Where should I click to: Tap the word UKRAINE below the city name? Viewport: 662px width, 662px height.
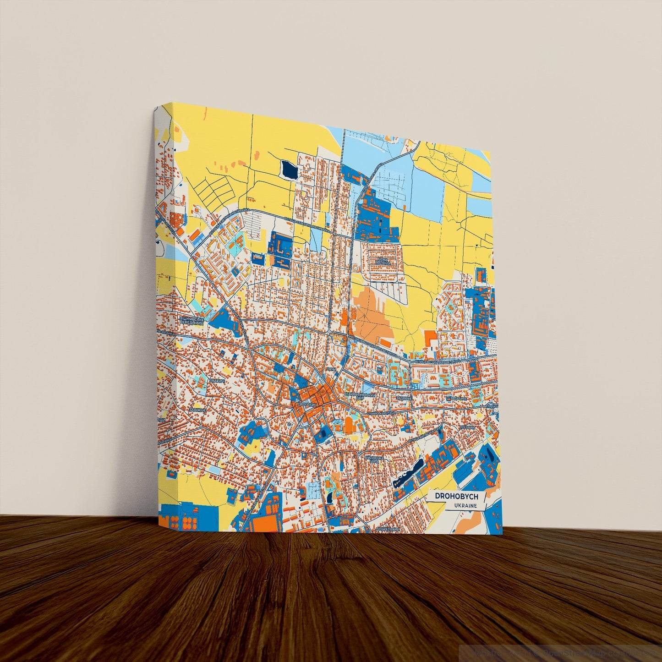465,506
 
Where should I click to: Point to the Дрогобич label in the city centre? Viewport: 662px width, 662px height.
306,405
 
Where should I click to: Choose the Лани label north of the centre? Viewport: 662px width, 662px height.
331,368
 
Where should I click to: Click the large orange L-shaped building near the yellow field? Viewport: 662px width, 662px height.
431,338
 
